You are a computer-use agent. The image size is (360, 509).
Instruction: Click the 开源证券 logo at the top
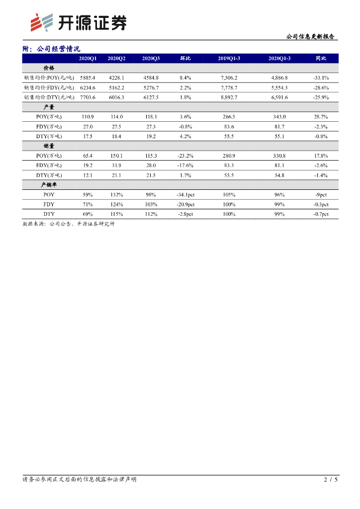[x=78, y=22]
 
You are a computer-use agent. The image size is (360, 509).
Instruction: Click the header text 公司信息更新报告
[x=310, y=37]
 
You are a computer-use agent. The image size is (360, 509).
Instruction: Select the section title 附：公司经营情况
[x=52, y=49]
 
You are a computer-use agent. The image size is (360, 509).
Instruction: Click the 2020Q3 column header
[x=151, y=59]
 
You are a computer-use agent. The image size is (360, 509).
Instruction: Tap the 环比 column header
[x=185, y=59]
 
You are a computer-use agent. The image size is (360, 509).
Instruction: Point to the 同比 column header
[x=321, y=59]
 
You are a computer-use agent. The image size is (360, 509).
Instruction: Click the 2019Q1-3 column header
[x=229, y=59]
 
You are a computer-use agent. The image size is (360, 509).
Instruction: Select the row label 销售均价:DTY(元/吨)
[x=49, y=97]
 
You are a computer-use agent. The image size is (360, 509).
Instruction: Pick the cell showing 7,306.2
[x=229, y=78]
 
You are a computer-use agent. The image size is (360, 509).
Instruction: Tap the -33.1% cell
[x=321, y=78]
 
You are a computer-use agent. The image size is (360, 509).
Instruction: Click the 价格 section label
[x=49, y=68]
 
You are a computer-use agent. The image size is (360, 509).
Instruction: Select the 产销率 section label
[x=49, y=184]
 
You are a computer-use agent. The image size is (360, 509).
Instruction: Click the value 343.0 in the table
[x=279, y=116]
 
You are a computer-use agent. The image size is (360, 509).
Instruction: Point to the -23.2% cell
[x=185, y=156]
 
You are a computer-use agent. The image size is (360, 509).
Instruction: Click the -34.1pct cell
[x=185, y=194]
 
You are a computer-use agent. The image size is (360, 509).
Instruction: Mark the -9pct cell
[x=321, y=194]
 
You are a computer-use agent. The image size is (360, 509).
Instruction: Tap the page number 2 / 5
[x=331, y=480]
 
